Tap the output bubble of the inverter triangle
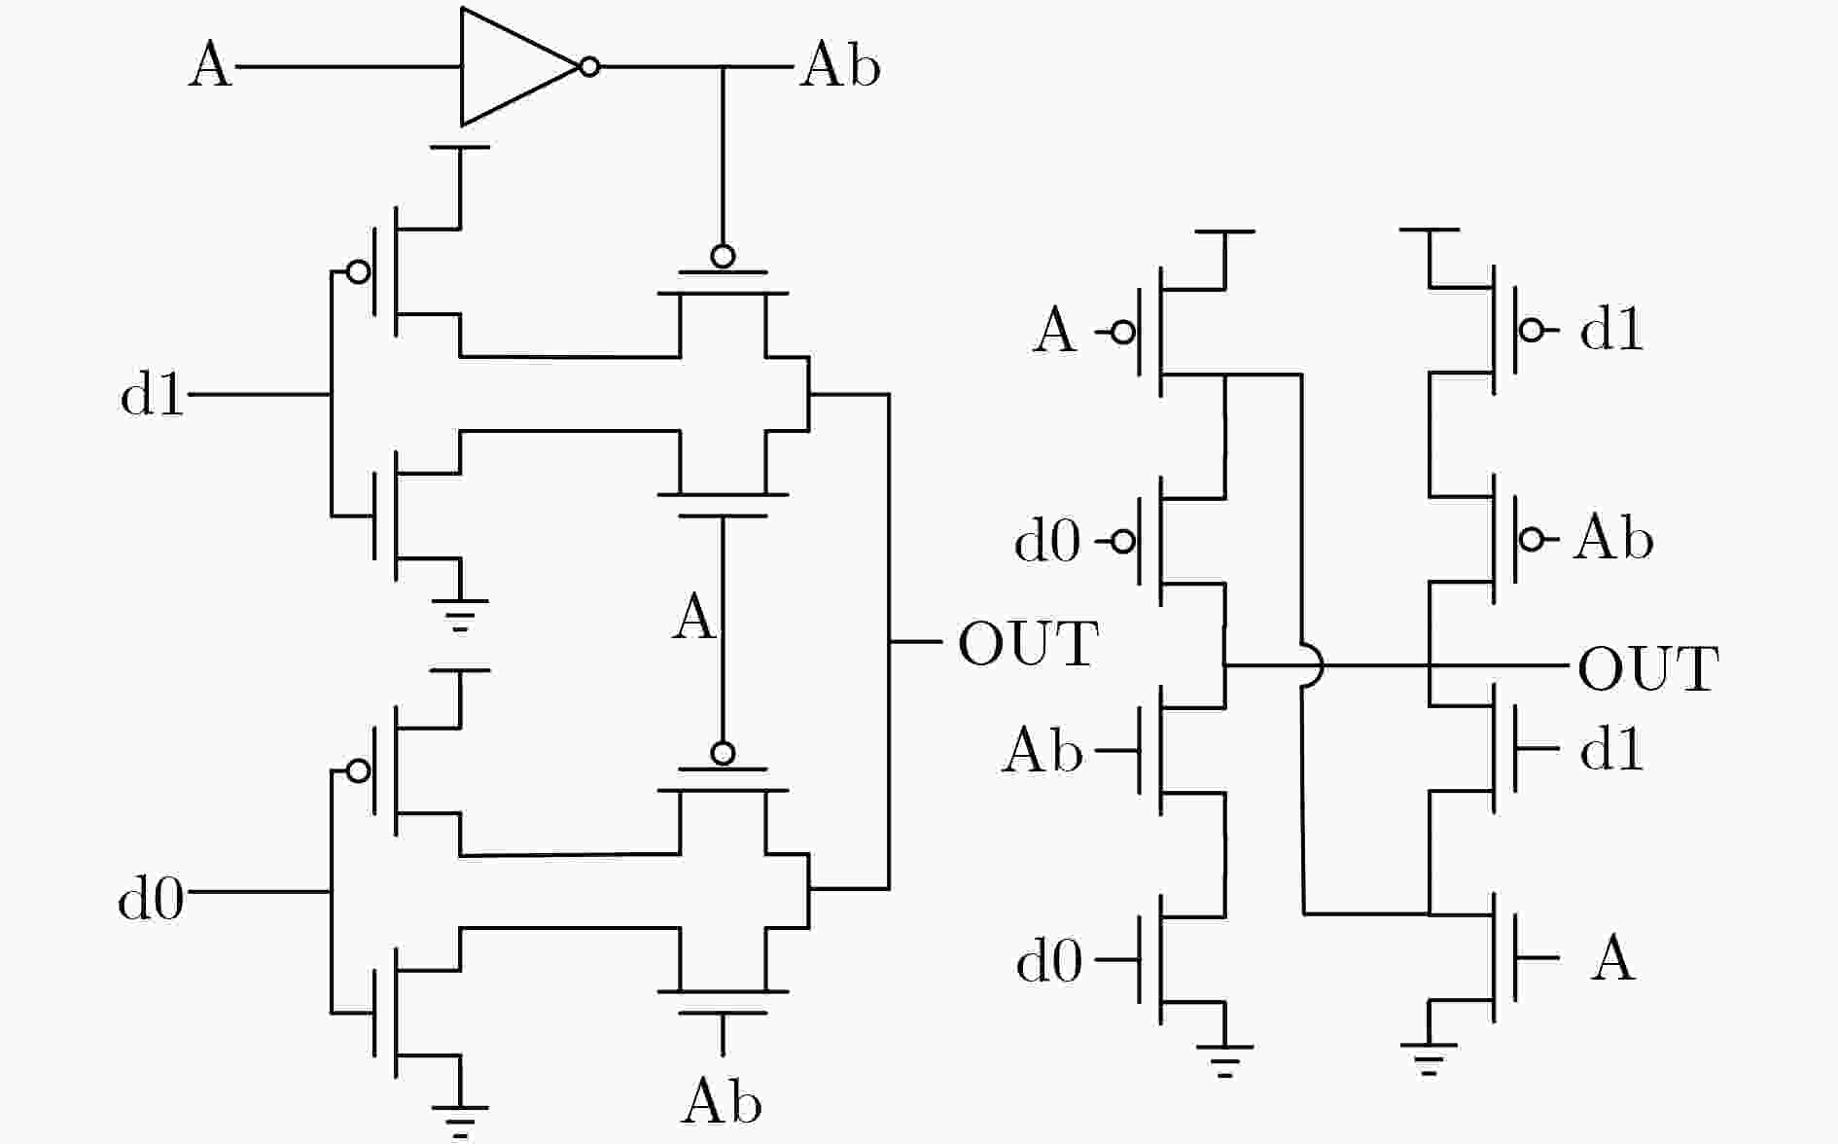coord(589,67)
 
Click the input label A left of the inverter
coord(210,66)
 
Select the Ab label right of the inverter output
coord(840,66)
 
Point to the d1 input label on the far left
coord(152,395)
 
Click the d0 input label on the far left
coord(151,897)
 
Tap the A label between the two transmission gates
coord(693,618)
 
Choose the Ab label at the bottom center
coord(722,1101)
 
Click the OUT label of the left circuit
coord(1028,643)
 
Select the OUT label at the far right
coord(1648,669)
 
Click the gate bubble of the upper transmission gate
coord(723,257)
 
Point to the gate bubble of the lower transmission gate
coord(723,753)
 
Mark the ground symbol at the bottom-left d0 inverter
coord(460,1121)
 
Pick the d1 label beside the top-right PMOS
coord(1611,330)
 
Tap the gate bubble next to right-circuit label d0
coord(1123,541)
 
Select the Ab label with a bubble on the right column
coord(1613,537)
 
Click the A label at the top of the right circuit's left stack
coord(1054,331)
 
